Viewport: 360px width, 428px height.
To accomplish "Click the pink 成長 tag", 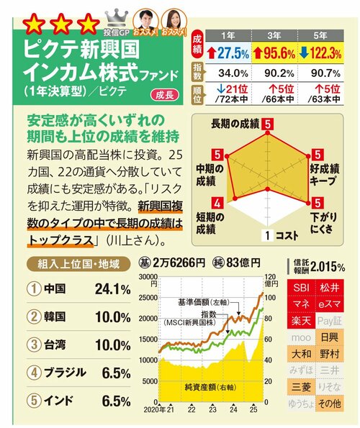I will coord(162,95).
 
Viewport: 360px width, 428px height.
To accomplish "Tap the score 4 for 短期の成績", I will coord(217,204).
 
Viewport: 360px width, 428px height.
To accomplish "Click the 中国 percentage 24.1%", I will coord(112,288).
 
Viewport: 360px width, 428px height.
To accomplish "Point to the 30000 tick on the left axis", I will coord(147,277).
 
